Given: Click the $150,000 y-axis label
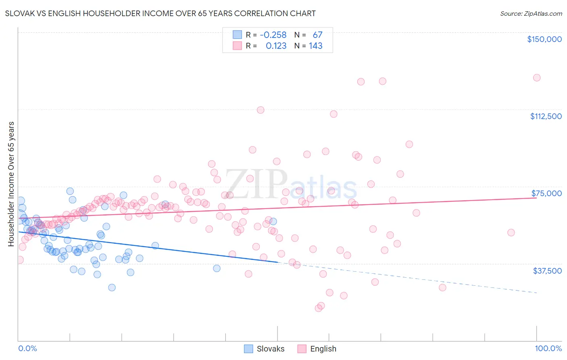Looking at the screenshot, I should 544,39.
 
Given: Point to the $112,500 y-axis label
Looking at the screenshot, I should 546,116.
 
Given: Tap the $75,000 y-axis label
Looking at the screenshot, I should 546,193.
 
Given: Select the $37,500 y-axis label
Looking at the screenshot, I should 547,271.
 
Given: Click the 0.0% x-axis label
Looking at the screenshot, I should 27,349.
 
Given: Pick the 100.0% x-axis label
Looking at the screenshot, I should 548,349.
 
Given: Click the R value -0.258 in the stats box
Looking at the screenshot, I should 273,35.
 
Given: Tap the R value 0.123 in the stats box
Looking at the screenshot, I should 276,46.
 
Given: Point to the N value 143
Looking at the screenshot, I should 315,46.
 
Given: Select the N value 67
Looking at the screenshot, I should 317,35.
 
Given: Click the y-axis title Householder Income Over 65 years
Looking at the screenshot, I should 11,184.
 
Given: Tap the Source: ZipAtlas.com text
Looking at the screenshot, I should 531,14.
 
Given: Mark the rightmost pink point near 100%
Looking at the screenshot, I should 536,78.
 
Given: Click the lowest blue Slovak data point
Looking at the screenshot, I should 112,288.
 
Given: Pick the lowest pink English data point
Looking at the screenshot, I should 318,308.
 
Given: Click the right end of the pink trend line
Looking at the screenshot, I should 536,198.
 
